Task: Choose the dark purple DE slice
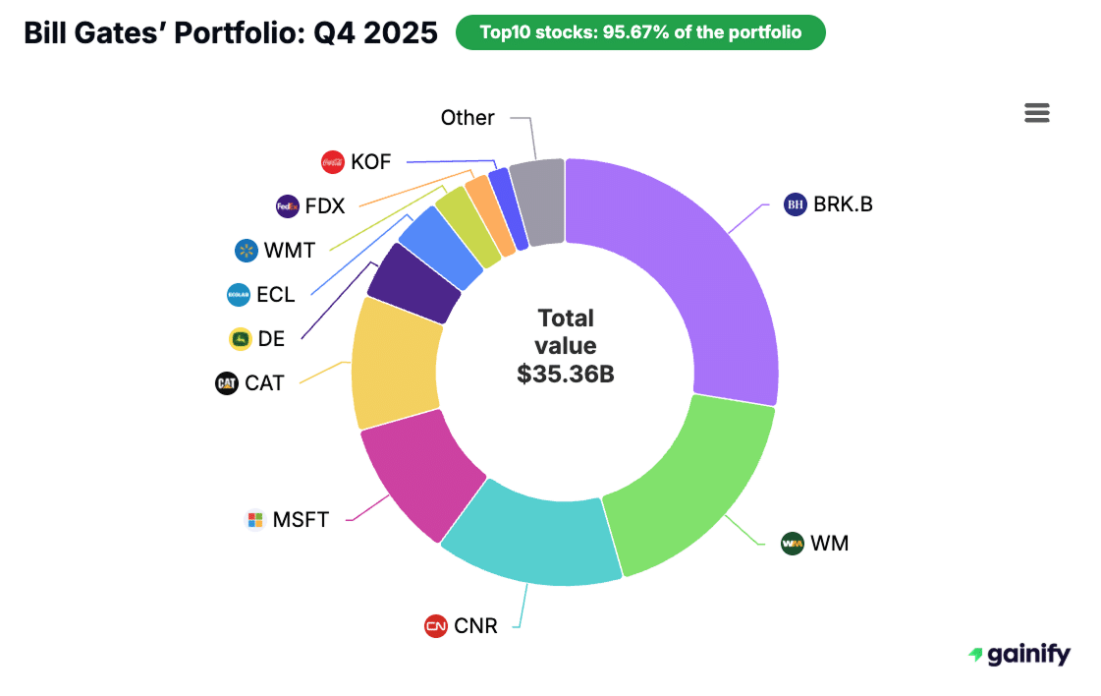tap(413, 283)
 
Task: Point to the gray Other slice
tap(538, 202)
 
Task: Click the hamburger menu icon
tap(1037, 113)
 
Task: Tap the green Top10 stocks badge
tap(640, 32)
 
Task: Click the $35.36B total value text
tap(566, 374)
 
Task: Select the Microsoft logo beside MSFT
tap(255, 519)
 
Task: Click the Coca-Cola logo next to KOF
tap(333, 162)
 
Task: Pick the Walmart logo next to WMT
tap(246, 251)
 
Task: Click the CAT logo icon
tap(227, 383)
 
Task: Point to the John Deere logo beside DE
tap(241, 339)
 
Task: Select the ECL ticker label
tap(275, 295)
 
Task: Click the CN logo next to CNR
tap(436, 626)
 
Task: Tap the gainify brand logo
tap(1018, 655)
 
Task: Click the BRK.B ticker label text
tap(843, 204)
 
